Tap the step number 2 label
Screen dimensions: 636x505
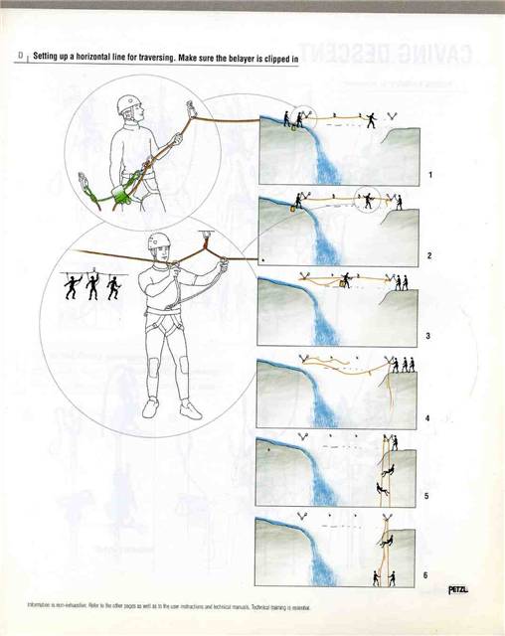click(430, 255)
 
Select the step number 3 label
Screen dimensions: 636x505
click(429, 336)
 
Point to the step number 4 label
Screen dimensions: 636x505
click(429, 417)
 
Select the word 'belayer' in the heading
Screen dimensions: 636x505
click(254, 57)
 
